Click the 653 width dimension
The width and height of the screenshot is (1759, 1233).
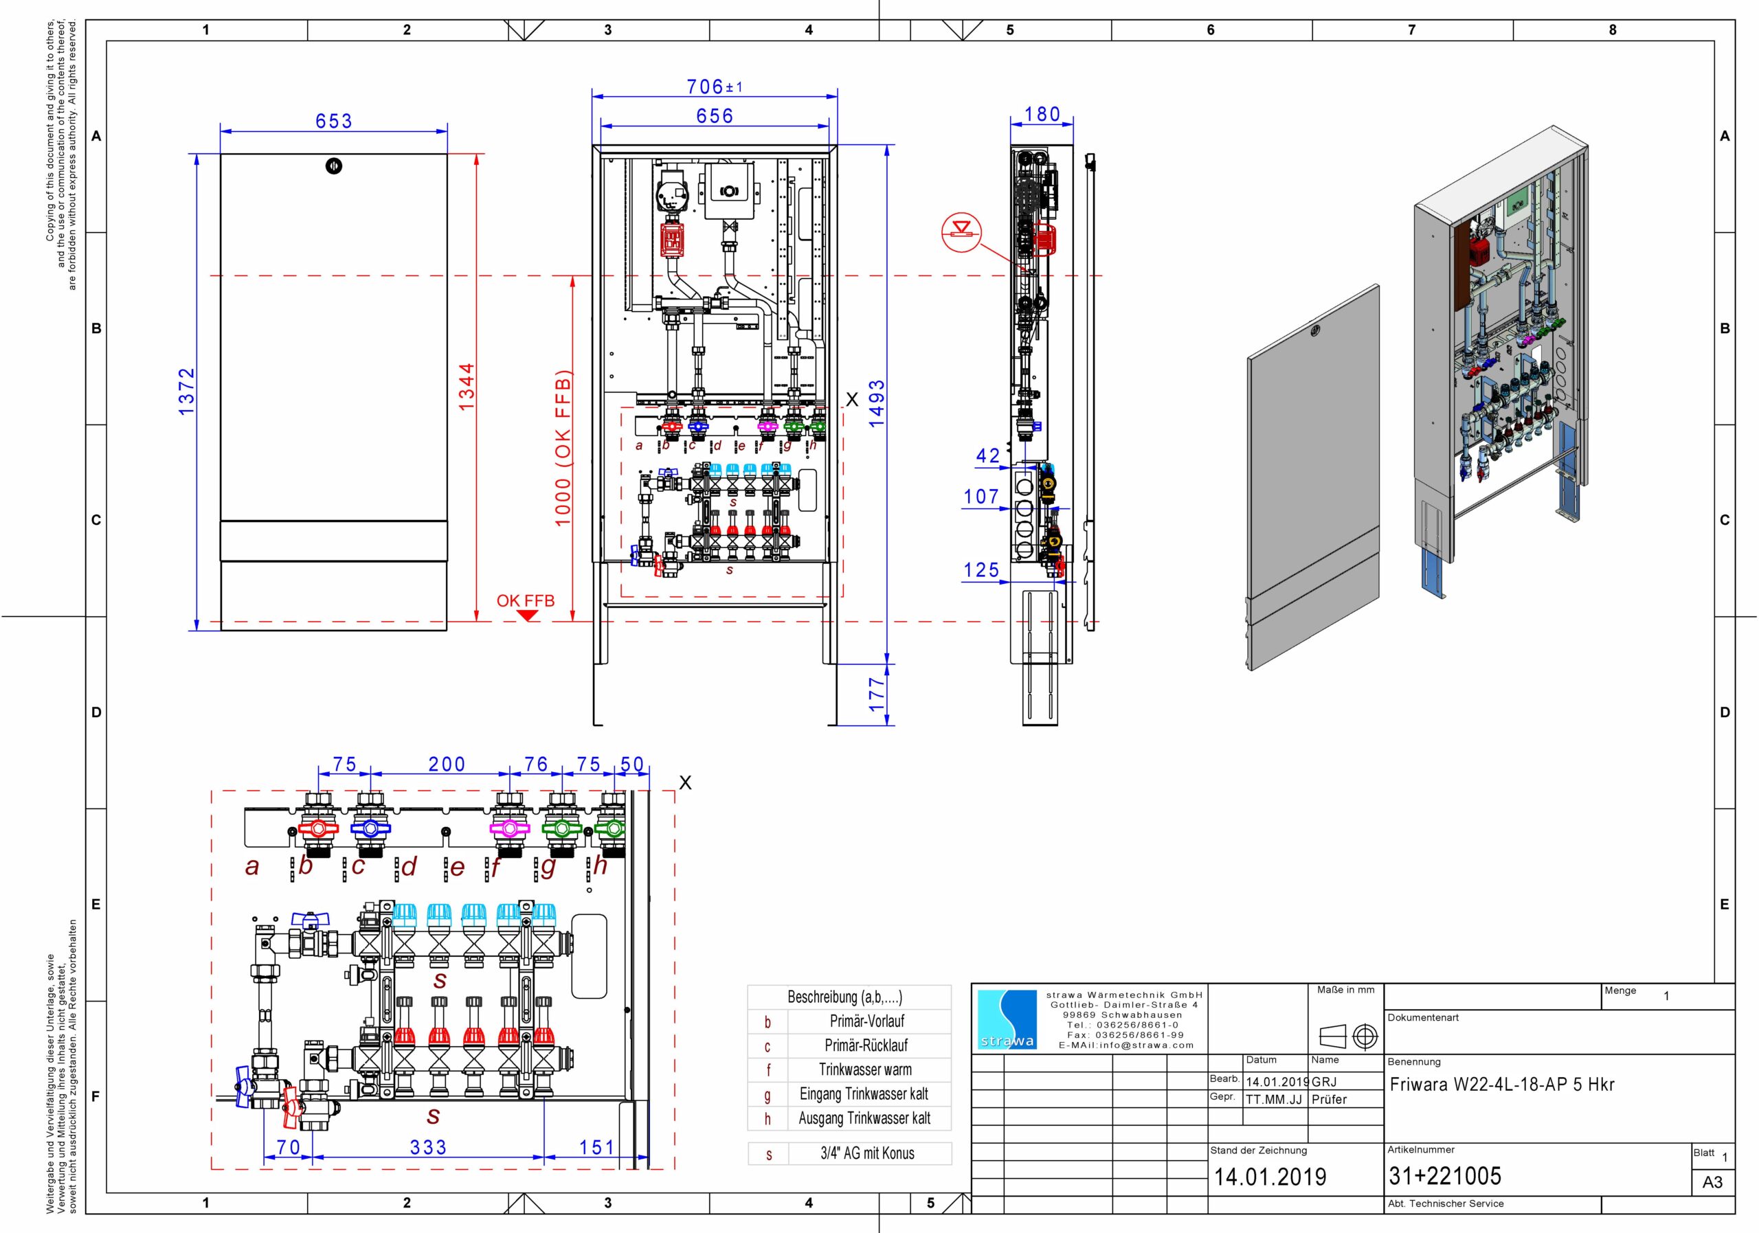point(334,121)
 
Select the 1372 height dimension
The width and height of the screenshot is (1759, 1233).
point(187,392)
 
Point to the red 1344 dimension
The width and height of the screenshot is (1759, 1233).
point(467,387)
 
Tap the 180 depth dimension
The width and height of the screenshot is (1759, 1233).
point(1042,114)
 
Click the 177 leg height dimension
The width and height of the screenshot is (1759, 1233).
point(877,694)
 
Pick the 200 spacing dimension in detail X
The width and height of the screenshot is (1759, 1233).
point(447,765)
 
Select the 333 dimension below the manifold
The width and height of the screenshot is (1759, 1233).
point(428,1147)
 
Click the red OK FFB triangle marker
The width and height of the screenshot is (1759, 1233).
point(528,615)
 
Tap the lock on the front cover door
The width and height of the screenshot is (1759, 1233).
point(333,166)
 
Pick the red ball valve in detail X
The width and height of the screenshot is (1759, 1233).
point(318,828)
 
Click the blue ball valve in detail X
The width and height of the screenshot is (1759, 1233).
point(370,828)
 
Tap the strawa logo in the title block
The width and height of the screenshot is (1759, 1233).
point(1007,1019)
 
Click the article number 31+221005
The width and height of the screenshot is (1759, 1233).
point(1445,1175)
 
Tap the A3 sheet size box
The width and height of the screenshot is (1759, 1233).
point(1712,1181)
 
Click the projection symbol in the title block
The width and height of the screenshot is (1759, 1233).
point(1347,1037)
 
